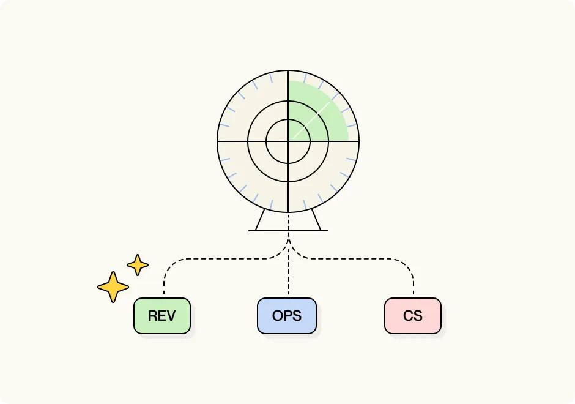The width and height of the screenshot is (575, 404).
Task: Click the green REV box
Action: (x=162, y=316)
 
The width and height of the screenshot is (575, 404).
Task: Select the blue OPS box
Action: (x=287, y=316)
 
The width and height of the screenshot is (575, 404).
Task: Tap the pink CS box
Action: (x=413, y=316)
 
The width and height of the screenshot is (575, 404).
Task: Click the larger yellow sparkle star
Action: (x=113, y=286)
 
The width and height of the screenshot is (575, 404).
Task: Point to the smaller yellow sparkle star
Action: (x=138, y=265)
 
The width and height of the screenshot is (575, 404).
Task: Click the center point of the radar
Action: (x=288, y=141)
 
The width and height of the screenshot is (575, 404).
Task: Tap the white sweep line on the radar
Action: (x=312, y=118)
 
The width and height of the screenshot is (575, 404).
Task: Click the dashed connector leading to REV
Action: (x=208, y=259)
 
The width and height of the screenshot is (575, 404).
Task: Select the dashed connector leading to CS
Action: (x=367, y=259)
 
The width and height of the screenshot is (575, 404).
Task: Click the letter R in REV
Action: (x=152, y=316)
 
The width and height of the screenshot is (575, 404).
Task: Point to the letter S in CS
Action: (x=418, y=316)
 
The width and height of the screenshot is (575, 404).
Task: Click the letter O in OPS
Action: (x=277, y=316)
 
